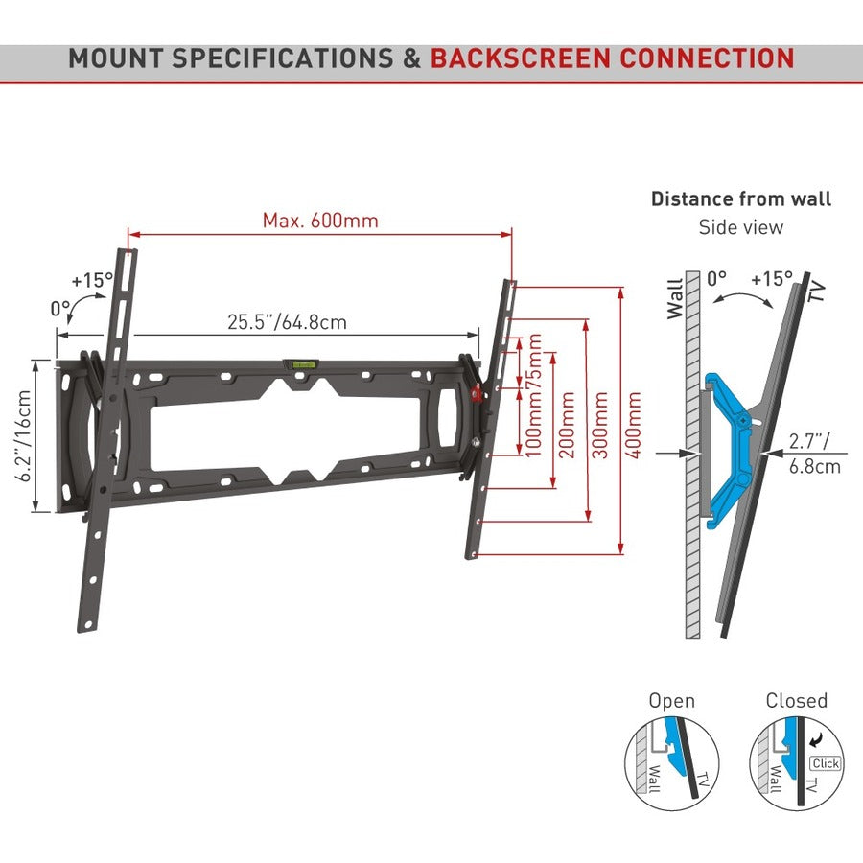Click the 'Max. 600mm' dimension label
[320, 221]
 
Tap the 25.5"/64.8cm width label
[287, 322]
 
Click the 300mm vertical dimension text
[602, 424]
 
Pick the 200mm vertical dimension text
[568, 424]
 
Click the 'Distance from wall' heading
[741, 199]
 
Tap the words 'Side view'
[741, 227]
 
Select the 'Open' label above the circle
[671, 701]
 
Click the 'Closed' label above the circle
[796, 701]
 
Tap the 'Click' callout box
[825, 764]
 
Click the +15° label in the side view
[771, 280]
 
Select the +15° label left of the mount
[92, 281]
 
